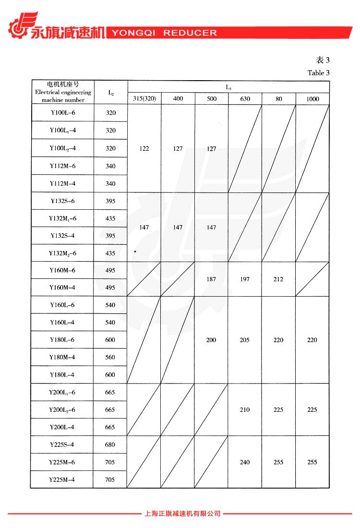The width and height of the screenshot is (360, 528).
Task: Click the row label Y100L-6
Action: tap(62, 113)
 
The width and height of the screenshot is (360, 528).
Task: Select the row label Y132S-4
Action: tap(62, 236)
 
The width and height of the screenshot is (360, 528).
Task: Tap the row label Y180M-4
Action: tap(62, 357)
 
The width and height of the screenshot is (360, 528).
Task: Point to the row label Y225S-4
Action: tap(62, 444)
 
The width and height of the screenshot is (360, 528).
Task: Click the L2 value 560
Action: tap(110, 357)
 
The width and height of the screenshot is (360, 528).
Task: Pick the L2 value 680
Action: tap(110, 444)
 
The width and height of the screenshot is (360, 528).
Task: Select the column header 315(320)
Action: tap(144, 99)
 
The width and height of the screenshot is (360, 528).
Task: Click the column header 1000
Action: tap(312, 99)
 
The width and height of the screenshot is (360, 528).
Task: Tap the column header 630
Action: tap(245, 99)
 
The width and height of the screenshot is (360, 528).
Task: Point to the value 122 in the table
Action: tap(144, 149)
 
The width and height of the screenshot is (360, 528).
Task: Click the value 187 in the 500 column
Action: tap(211, 279)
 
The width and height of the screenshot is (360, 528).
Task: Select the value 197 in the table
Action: tap(245, 279)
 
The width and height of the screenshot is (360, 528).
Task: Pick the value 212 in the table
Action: tap(278, 279)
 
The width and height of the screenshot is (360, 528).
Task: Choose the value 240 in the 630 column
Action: tap(245, 462)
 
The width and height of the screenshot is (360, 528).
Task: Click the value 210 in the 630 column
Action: tap(245, 409)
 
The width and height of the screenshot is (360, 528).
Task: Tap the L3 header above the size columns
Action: tap(228, 87)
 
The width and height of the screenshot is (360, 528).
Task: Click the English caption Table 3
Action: tap(319, 73)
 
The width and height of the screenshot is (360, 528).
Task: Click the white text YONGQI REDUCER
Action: tap(164, 33)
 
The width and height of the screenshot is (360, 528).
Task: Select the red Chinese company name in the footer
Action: tap(182, 513)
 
